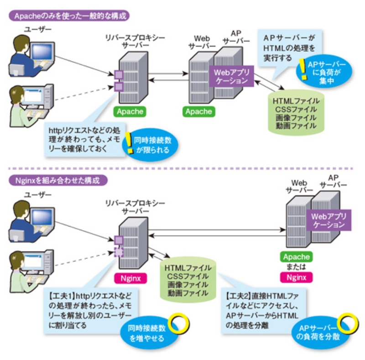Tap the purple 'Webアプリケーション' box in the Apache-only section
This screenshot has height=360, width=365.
[x=230, y=76]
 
